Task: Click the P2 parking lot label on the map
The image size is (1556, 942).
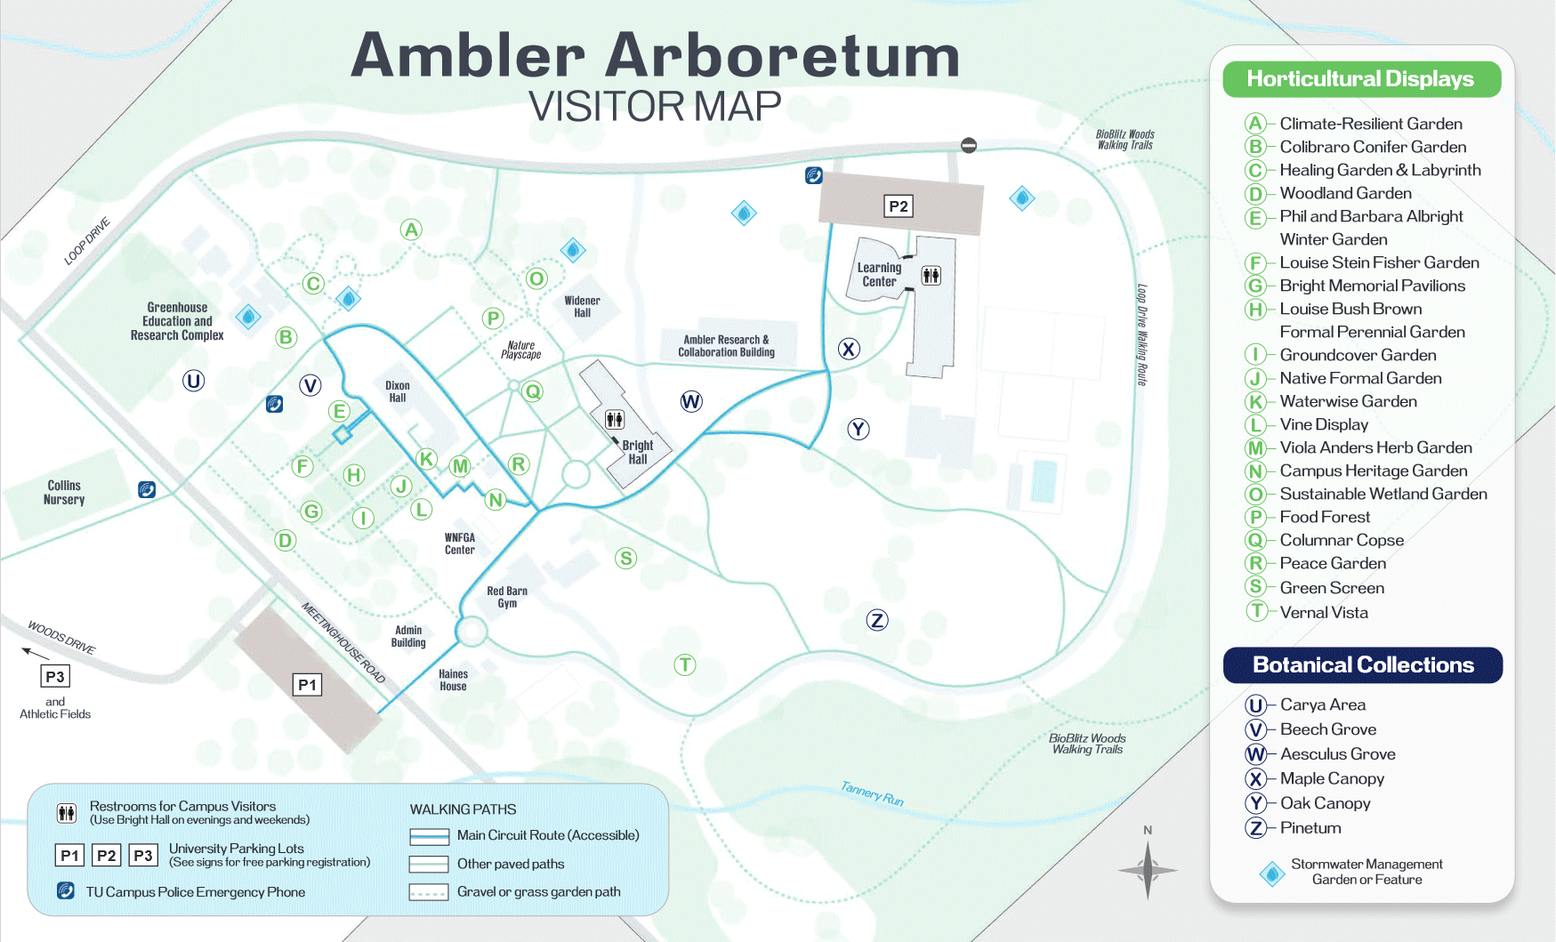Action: [899, 206]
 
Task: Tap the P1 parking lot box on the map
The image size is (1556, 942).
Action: [307, 685]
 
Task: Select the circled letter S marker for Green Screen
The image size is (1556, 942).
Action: [626, 559]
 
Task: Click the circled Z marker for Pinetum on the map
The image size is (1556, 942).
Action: [877, 620]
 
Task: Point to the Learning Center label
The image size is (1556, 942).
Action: [879, 275]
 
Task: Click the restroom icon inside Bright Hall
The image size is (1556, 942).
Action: [615, 419]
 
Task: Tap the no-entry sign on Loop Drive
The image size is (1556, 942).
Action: [969, 145]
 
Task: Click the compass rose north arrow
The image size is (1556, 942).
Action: [1148, 866]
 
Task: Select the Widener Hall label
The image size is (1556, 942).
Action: [582, 307]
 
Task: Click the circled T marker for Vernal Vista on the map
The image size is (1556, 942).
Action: [684, 664]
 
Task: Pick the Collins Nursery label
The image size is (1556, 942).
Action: [64, 493]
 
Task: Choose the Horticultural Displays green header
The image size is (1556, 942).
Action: [1361, 79]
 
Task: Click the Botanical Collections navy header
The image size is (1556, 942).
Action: [1363, 665]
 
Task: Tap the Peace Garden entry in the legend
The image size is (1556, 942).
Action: [1332, 563]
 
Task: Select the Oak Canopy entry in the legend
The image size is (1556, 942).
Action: [1324, 803]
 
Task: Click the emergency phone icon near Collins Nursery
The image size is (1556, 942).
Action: [147, 489]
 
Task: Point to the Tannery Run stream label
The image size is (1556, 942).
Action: [872, 793]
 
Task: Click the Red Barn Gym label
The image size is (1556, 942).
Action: [507, 597]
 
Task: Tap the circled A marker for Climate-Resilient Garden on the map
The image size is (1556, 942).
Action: [411, 229]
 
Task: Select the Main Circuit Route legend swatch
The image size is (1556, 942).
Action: [429, 836]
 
